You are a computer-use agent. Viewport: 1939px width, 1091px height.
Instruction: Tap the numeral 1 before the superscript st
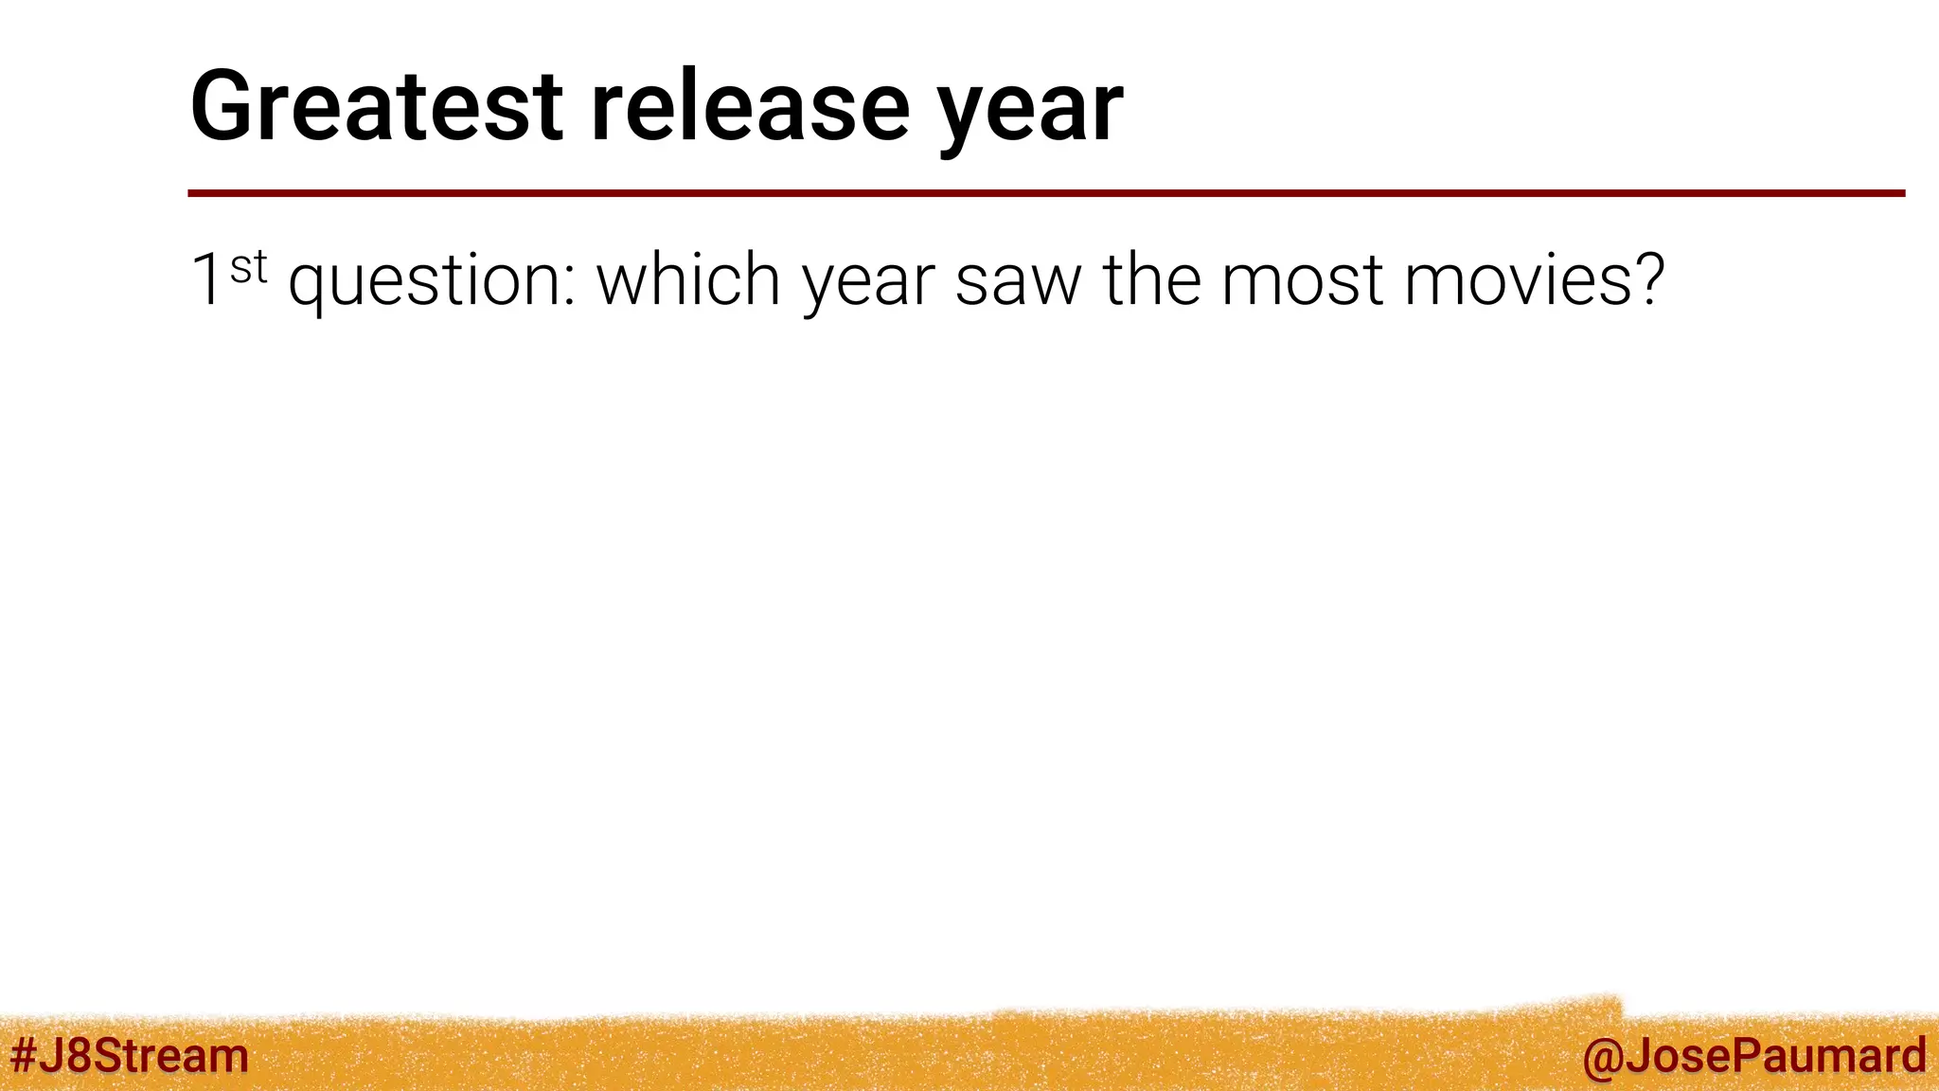[x=206, y=280]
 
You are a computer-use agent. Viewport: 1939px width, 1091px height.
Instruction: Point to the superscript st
[x=248, y=267]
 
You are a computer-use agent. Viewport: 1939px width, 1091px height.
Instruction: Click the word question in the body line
[x=426, y=282]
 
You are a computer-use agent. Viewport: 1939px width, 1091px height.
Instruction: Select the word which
[x=687, y=280]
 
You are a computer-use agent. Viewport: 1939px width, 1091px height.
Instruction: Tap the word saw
[x=1017, y=282]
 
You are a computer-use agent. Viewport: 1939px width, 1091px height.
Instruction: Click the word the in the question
[x=1150, y=280]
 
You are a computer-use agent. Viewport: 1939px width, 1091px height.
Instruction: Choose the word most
[x=1303, y=282]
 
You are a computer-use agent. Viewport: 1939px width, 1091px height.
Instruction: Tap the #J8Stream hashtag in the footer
[x=129, y=1055]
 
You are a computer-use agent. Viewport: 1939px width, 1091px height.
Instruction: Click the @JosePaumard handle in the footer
[x=1753, y=1056]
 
